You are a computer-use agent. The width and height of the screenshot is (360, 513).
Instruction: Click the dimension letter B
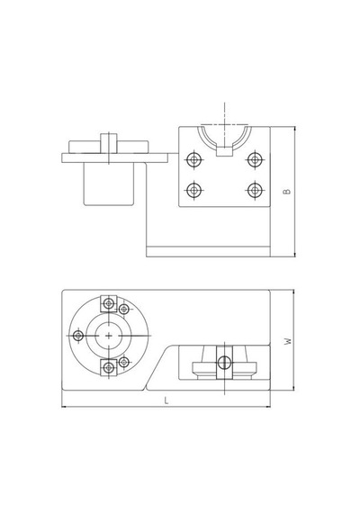tap(287, 191)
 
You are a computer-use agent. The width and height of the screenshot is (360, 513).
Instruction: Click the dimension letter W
tap(288, 341)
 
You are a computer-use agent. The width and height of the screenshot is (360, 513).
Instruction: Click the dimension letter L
tap(166, 400)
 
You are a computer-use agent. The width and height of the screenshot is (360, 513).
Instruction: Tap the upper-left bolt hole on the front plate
tap(194, 160)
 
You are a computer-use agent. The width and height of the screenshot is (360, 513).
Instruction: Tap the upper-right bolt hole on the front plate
tap(255, 159)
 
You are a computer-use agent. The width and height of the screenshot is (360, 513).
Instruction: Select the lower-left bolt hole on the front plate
tap(194, 190)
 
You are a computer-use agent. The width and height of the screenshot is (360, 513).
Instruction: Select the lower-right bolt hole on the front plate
tap(255, 190)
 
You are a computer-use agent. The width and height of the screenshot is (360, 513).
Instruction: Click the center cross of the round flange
tap(109, 336)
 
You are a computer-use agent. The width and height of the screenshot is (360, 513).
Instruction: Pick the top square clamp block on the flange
tap(109, 303)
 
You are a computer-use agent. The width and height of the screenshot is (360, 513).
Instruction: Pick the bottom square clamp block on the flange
tap(109, 368)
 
